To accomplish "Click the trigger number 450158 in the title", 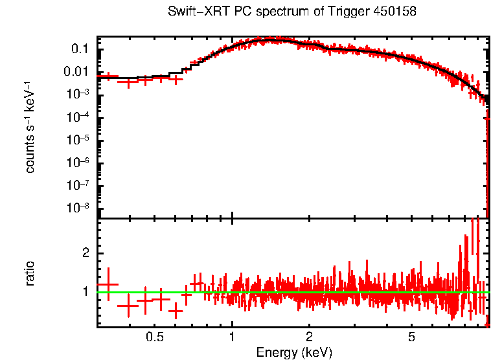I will click(394, 12).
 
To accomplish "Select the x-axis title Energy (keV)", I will click(294, 352).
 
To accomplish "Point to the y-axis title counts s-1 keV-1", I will click(30, 127).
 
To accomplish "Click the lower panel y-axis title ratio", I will click(30, 273).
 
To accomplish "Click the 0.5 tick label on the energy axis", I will click(154, 337).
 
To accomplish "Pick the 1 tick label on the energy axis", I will click(233, 337).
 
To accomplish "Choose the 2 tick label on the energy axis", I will click(310, 337).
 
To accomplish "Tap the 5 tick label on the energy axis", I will click(411, 337).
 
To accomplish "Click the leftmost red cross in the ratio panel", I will click(108, 284).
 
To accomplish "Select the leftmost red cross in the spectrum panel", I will click(108, 76).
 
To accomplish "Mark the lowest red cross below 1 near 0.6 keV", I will click(176, 311).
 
